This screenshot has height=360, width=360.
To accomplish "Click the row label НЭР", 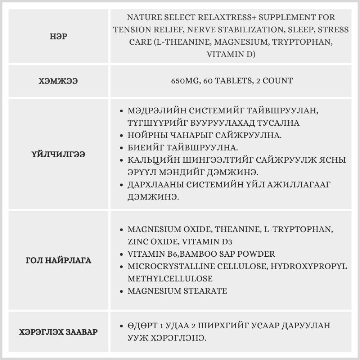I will tap(59, 36).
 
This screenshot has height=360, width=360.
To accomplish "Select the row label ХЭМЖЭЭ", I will tap(59, 81).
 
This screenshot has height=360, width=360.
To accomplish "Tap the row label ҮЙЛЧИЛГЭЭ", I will tap(59, 154).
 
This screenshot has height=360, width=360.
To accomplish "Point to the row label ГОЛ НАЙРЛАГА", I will tap(59, 260).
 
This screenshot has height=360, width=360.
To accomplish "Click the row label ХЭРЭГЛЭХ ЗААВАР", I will tap(59, 332).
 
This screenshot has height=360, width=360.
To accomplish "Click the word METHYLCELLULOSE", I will tap(170, 279).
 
